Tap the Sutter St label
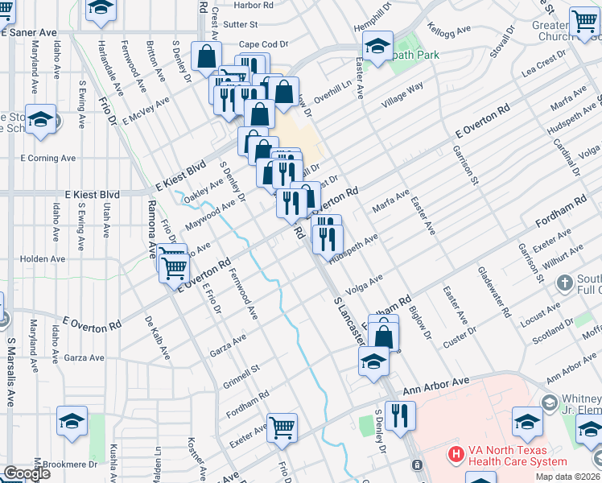240,25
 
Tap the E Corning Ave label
46,158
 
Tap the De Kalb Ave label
158,336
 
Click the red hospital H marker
456,455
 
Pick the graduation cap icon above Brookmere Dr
72,420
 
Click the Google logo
27,473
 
